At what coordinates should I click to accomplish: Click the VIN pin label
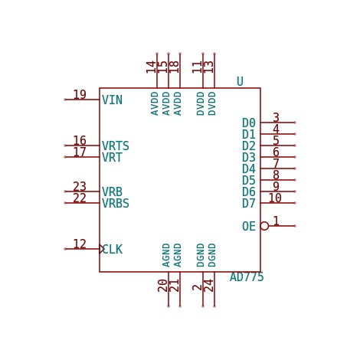(x=112, y=100)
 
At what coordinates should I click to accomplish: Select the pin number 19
(x=80, y=94)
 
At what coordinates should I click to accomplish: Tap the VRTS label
(x=116, y=146)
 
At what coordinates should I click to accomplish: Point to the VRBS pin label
(x=116, y=203)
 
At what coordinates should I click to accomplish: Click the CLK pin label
(x=112, y=249)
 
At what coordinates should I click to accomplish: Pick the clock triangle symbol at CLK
(x=102, y=249)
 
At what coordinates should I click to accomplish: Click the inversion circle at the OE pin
(x=264, y=226)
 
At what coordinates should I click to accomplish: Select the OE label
(x=249, y=226)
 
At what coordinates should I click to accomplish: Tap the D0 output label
(x=249, y=123)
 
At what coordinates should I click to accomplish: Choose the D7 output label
(x=249, y=203)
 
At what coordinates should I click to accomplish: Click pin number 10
(x=275, y=198)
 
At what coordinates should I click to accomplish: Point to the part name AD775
(x=247, y=277)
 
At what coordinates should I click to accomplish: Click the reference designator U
(x=240, y=82)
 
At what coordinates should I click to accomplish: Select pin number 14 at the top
(x=151, y=67)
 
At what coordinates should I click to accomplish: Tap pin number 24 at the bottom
(x=208, y=286)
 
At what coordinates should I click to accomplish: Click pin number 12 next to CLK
(x=80, y=244)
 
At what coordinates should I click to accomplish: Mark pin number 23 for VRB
(x=80, y=186)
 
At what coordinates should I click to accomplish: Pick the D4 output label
(x=249, y=169)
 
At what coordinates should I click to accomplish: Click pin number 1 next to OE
(x=276, y=221)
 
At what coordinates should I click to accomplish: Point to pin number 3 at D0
(x=276, y=117)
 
